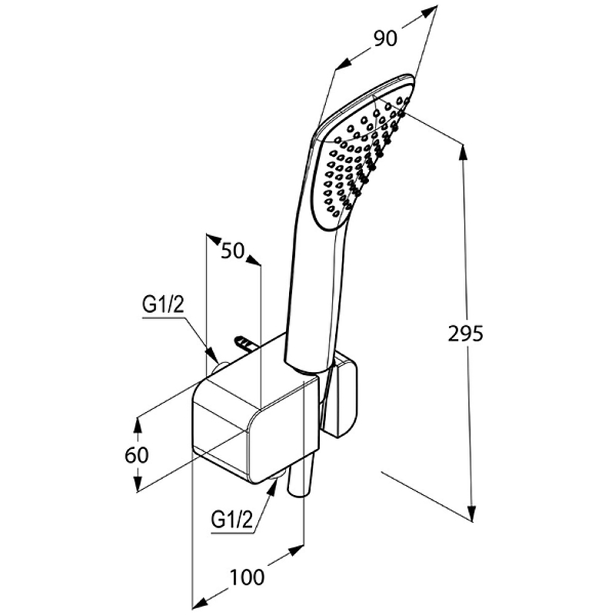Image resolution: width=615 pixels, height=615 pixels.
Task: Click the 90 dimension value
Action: click(386, 38)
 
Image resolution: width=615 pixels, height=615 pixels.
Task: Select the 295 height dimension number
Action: click(465, 334)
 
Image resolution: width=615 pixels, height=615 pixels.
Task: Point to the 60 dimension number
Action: click(136, 454)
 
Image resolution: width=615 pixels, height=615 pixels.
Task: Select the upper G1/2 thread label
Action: click(163, 304)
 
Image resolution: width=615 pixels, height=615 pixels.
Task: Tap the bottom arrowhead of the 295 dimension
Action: click(473, 515)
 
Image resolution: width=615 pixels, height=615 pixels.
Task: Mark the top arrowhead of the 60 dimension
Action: click(138, 423)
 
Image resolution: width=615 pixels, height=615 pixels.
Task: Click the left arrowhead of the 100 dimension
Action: click(198, 600)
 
